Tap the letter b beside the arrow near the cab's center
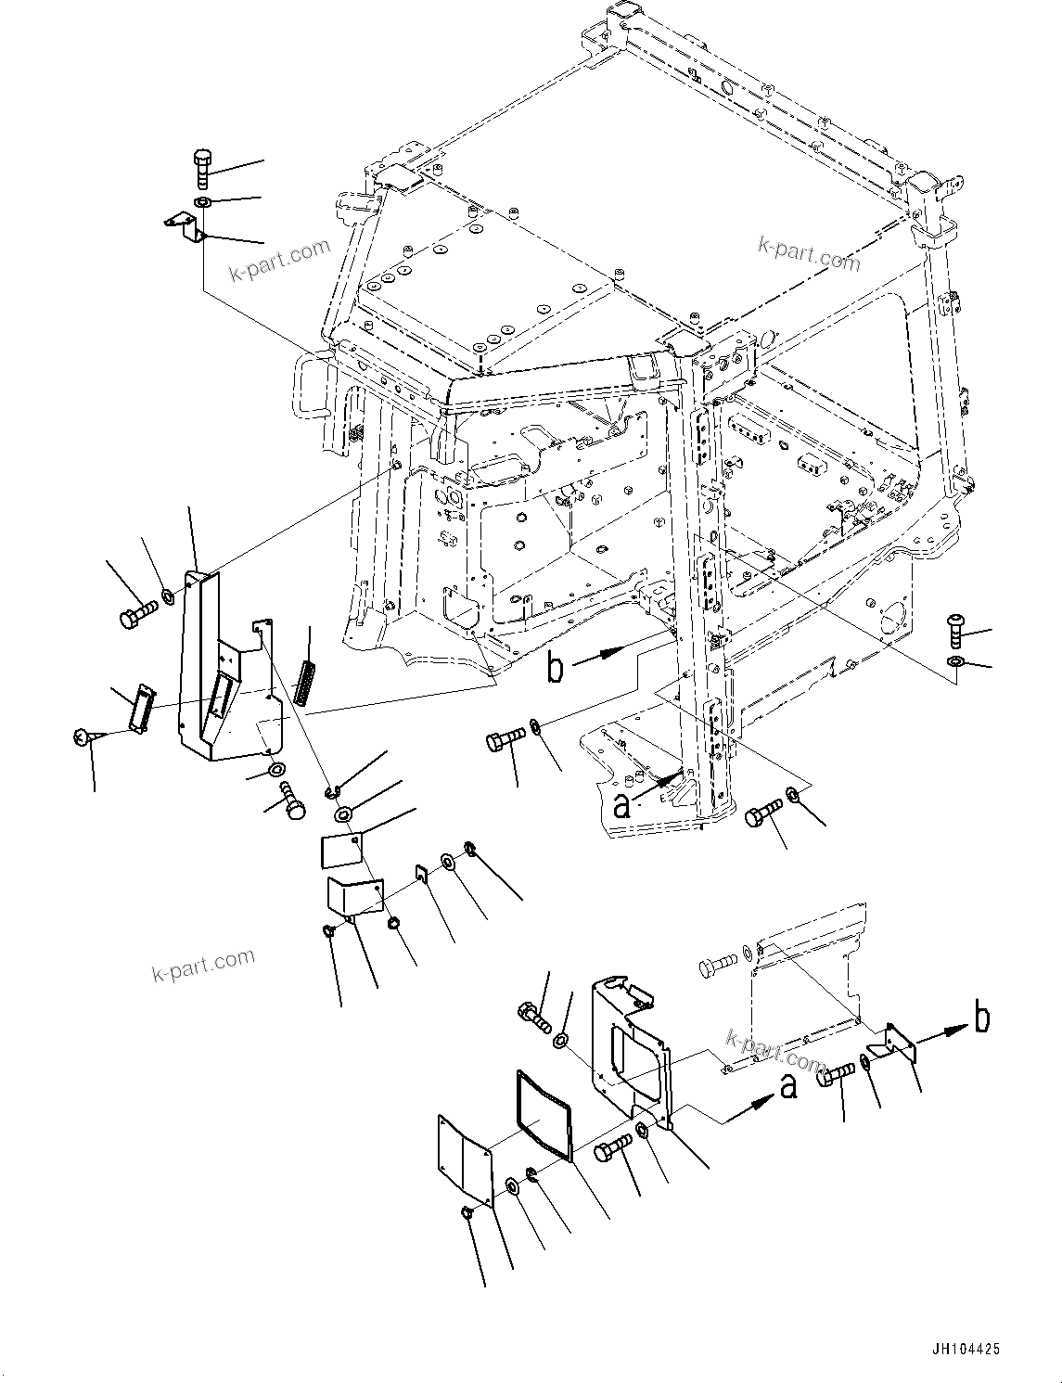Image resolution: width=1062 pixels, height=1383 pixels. coord(555,667)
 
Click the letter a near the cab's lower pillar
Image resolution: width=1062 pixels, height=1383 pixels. coord(622,804)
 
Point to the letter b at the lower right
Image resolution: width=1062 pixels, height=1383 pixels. coord(981,1018)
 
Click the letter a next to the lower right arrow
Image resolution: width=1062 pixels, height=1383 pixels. coord(788,1086)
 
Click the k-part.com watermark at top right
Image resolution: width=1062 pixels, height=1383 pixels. coord(809,252)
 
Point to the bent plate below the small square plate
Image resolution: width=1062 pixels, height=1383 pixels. coord(354,898)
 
